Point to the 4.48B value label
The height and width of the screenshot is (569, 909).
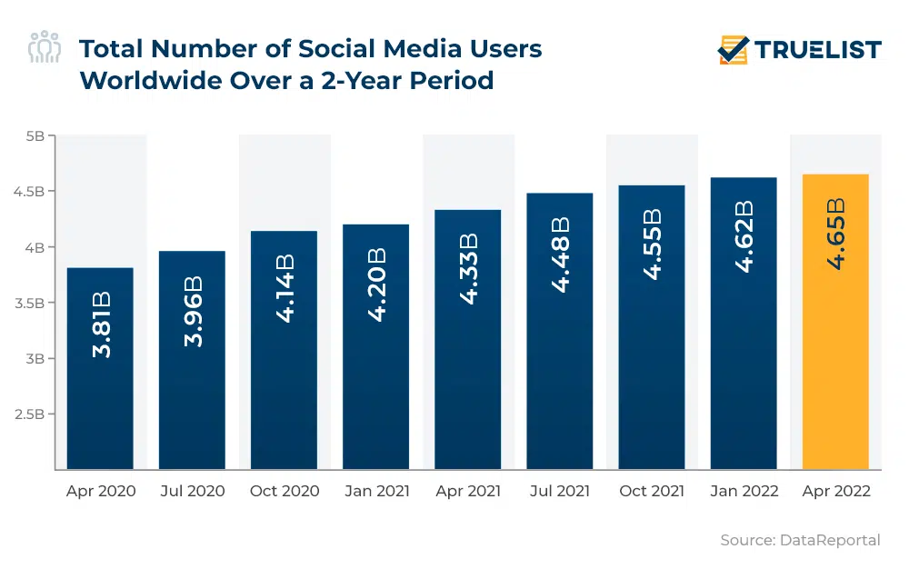pyautogui.click(x=561, y=255)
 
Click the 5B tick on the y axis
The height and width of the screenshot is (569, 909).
pyautogui.click(x=35, y=136)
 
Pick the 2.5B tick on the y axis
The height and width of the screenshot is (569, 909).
pyautogui.click(x=29, y=414)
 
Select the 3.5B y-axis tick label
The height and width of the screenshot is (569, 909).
pyautogui.click(x=29, y=303)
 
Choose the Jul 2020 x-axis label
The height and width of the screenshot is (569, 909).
pyautogui.click(x=193, y=491)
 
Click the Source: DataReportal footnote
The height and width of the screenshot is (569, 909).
pyautogui.click(x=800, y=540)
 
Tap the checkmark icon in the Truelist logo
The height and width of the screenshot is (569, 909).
pyautogui.click(x=733, y=49)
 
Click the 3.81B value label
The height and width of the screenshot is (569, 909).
pyautogui.click(x=101, y=324)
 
